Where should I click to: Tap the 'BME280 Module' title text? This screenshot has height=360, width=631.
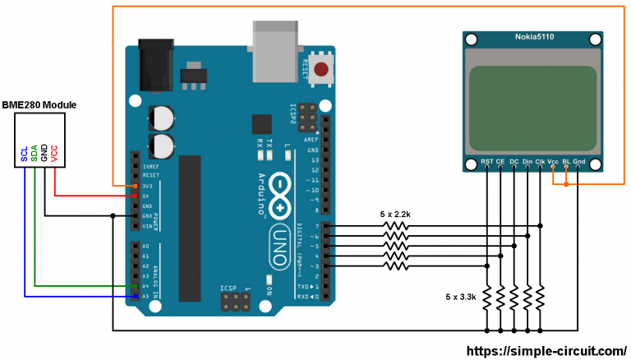tap(39, 106)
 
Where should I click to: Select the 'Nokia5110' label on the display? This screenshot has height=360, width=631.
tap(532, 39)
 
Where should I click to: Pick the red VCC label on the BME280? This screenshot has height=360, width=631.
tap(54, 153)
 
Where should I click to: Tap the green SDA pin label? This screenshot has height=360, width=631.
tap(34, 153)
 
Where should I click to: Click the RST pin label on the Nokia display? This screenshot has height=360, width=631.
tap(487, 161)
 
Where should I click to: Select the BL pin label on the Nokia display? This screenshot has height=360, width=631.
tap(565, 161)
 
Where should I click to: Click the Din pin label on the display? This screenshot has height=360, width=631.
tap(527, 161)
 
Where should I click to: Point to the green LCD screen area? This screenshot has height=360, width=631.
tap(532, 102)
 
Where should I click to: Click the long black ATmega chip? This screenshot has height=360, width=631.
tap(191, 226)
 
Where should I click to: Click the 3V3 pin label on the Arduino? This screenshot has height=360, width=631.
tap(149, 186)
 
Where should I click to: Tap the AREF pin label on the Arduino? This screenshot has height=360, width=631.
tap(312, 140)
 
